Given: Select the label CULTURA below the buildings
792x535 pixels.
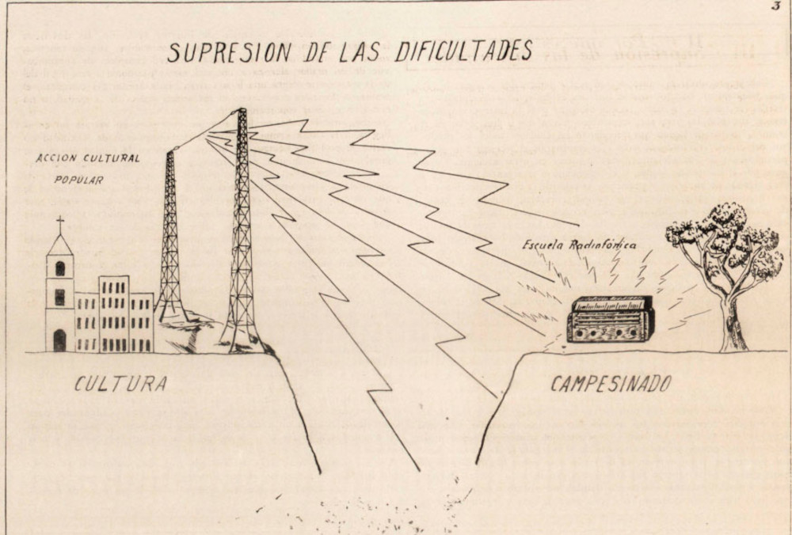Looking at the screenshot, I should point(120,385).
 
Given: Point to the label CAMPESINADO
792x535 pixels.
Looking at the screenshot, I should point(611,385).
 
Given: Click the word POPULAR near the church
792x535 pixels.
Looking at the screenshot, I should point(78,180).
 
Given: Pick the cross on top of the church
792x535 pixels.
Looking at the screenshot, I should point(60,223).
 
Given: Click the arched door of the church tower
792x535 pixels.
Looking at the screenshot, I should point(59,340).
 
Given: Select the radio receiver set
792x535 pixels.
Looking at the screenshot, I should point(611,319).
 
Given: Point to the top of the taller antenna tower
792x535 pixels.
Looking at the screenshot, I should point(241,113).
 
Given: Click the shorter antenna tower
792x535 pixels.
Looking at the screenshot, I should point(170,237).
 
